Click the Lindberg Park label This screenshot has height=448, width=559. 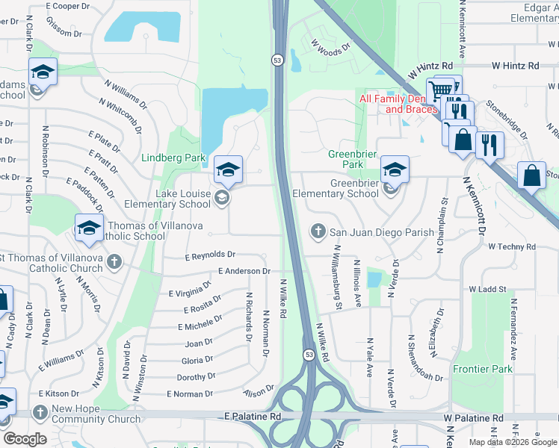pos(173,158)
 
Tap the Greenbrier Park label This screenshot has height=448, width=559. pos(346,159)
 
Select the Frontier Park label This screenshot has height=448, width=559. pos(483,369)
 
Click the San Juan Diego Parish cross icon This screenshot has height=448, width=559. pos(318,231)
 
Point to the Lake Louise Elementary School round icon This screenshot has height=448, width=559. pos(221,198)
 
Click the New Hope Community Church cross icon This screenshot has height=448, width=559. pos(40,411)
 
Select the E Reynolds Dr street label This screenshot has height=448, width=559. pos(210,256)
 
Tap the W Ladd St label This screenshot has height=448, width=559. pos(487,289)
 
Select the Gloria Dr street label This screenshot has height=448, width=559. pos(198,360)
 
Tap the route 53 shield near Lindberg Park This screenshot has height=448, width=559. pos(277,60)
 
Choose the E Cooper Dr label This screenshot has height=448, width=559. pos(67,6)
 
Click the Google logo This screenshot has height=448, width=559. pos(25,439)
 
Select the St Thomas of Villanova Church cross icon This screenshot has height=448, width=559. pos(114,261)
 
